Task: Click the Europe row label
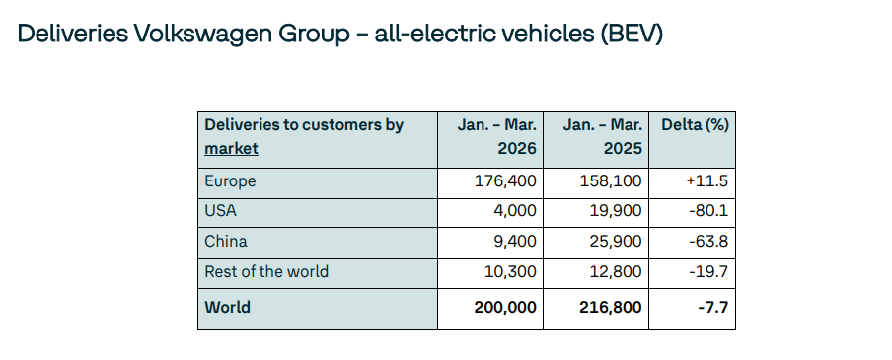(230, 181)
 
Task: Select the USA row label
(221, 211)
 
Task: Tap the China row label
(225, 241)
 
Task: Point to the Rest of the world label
(265, 271)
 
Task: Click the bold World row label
(227, 307)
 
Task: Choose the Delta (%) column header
(694, 125)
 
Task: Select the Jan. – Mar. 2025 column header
(602, 137)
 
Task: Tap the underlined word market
(231, 148)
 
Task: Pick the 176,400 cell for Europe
(507, 181)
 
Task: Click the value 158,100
(613, 181)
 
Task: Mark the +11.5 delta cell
(706, 181)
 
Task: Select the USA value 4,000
(516, 211)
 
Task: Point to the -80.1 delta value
(708, 211)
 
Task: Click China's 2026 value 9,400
(516, 241)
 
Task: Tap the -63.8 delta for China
(707, 241)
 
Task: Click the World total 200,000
(504, 307)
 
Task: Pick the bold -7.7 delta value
(712, 307)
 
